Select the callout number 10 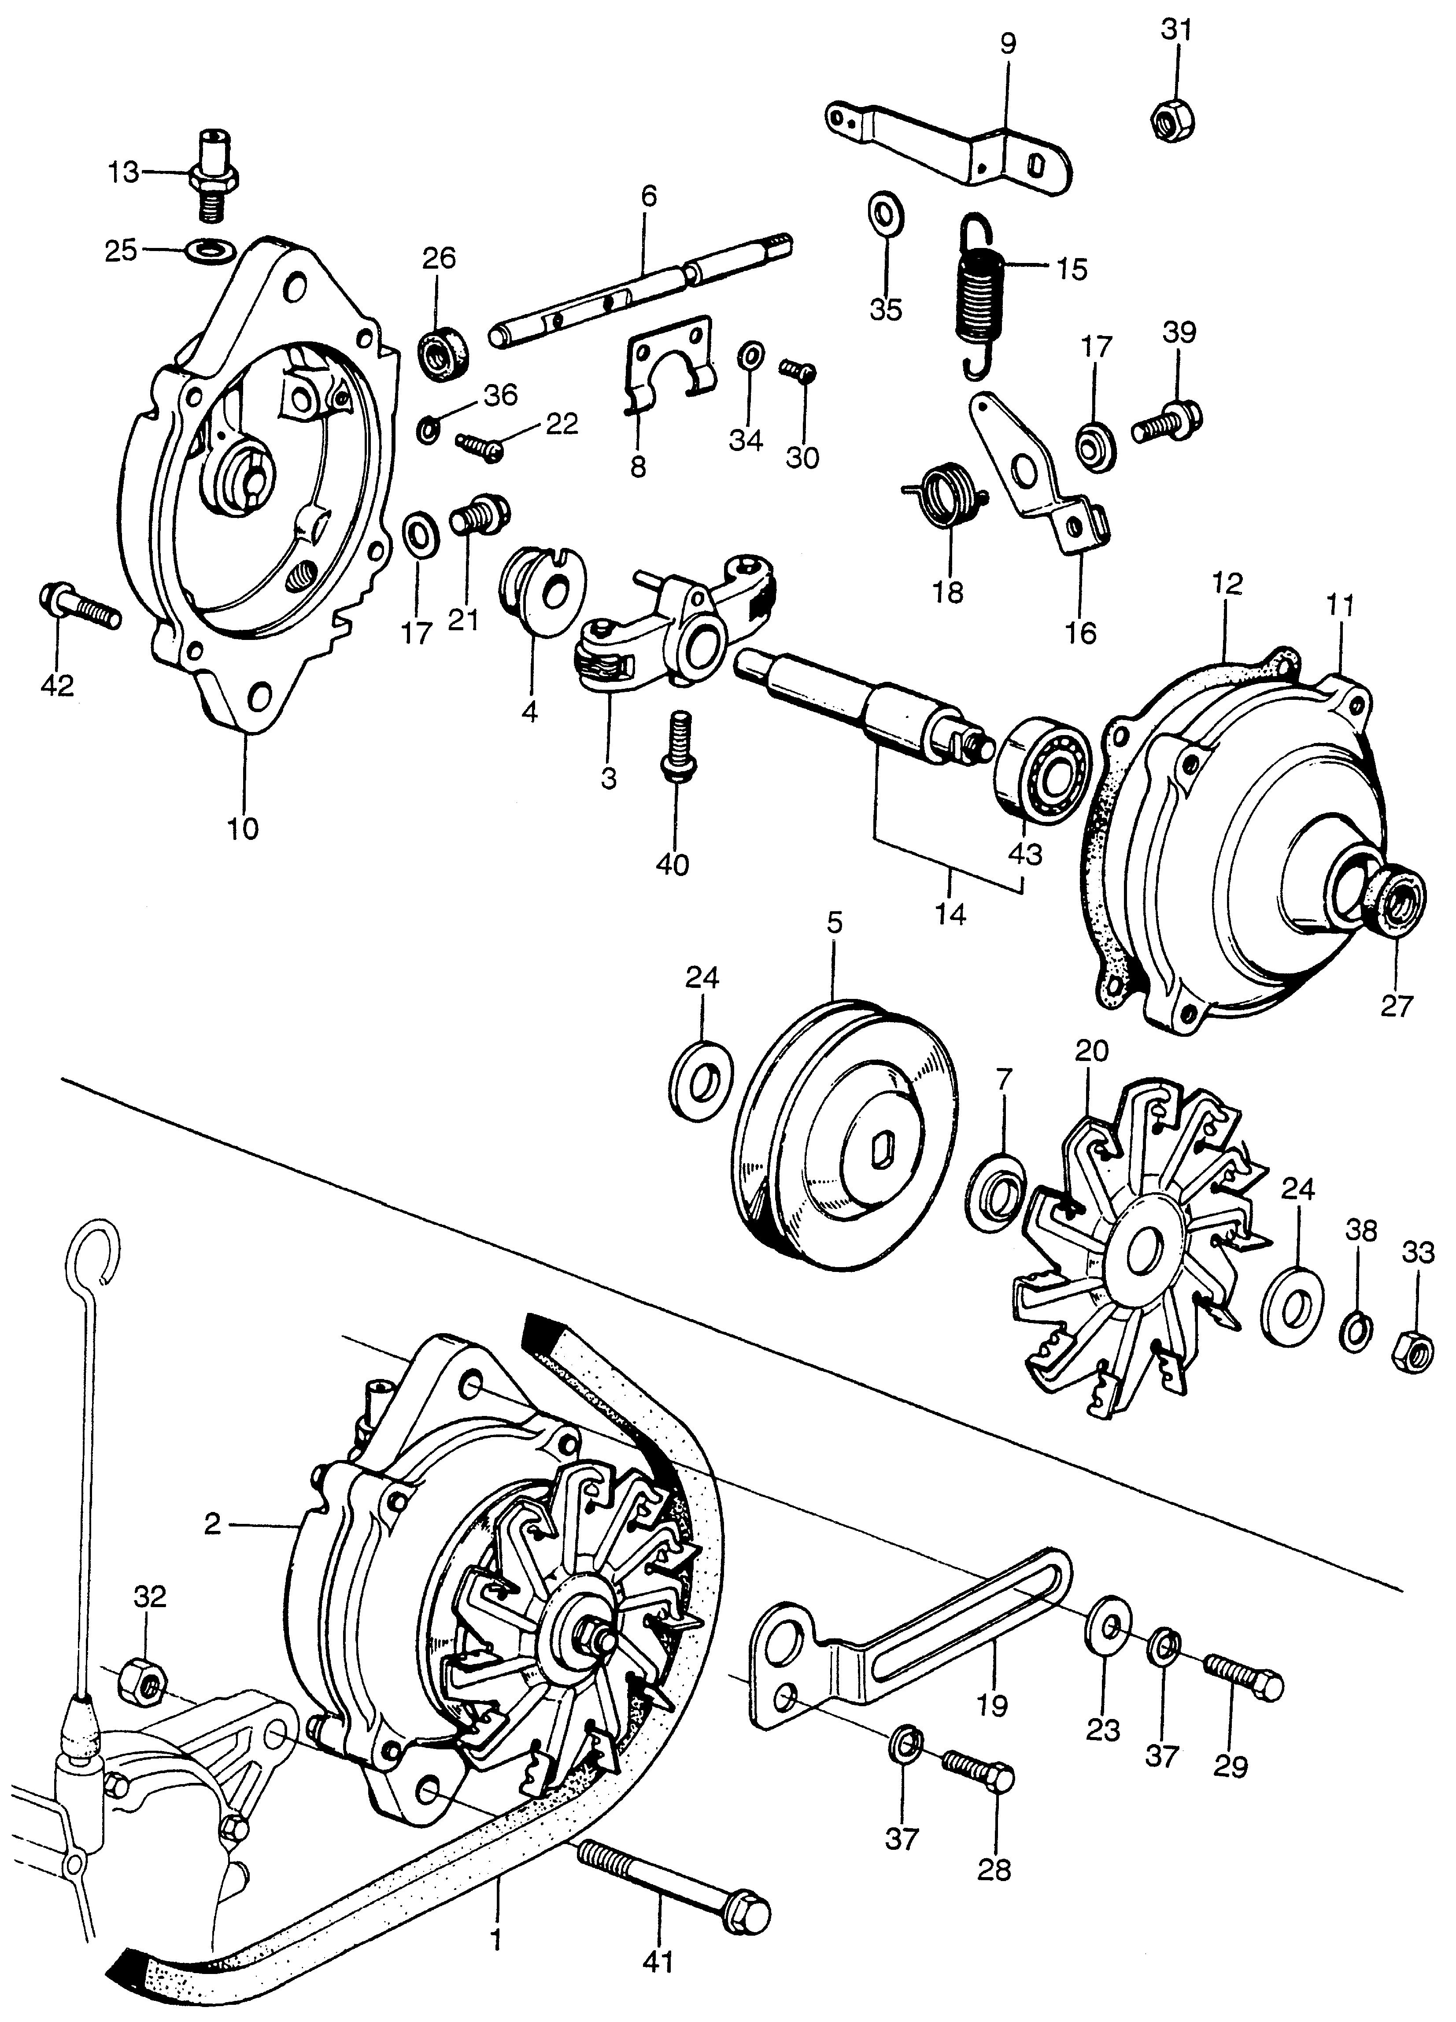pos(243,829)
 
